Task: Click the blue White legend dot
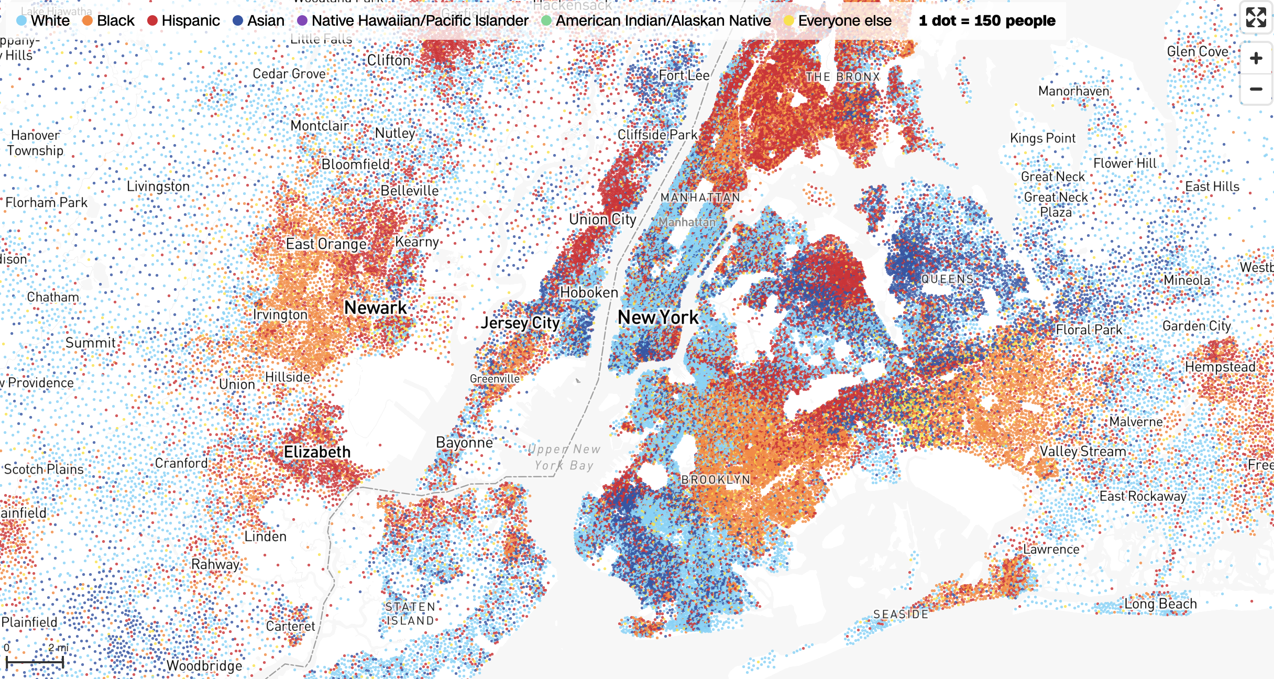(21, 20)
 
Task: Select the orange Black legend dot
(87, 20)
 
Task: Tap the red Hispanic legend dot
(152, 20)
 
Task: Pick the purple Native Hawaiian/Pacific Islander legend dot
(302, 20)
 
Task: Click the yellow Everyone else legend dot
(789, 20)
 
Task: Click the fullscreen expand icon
(1256, 17)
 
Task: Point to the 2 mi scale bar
(35, 662)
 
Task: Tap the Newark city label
(375, 308)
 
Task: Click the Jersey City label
(520, 323)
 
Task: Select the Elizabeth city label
(317, 452)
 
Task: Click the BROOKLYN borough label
(716, 479)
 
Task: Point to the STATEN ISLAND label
(410, 614)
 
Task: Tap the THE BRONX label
(843, 76)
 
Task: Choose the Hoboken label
(589, 292)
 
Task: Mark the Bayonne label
(464, 443)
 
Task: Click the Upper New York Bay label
(564, 457)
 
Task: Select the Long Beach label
(1160, 604)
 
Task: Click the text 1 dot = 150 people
(987, 20)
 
